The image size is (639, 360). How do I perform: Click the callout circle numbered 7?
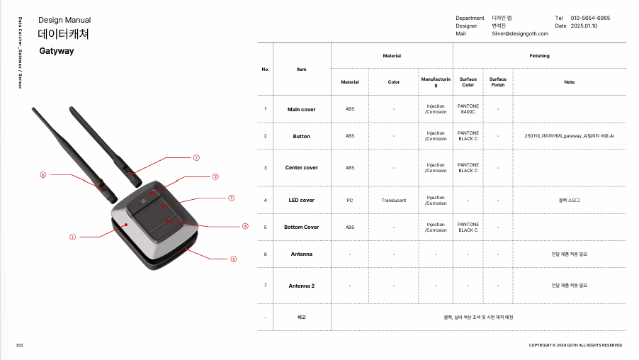point(196,158)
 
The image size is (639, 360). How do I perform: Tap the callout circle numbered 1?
point(72,237)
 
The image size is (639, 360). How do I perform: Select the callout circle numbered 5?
point(234,259)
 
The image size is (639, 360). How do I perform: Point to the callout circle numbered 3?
point(232,198)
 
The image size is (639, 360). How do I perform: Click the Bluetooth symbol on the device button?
point(143,201)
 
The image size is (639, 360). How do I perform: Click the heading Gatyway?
point(57,51)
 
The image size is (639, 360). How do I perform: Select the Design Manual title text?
point(64,20)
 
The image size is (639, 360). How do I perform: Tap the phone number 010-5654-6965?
point(590,18)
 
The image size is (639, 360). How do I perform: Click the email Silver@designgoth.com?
point(520,33)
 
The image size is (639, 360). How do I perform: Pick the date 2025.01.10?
point(584,26)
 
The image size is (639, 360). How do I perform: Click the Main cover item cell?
point(302,109)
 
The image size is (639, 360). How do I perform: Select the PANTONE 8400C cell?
point(468,109)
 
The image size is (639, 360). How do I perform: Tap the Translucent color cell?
point(394,200)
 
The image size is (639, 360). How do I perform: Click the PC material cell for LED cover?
point(350,200)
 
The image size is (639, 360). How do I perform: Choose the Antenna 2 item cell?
point(302,286)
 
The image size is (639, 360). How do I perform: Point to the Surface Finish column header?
point(497,82)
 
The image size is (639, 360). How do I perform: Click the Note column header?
point(570,82)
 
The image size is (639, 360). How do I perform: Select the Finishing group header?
point(539,56)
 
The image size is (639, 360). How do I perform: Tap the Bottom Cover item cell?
point(302,227)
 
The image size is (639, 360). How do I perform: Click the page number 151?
point(20,345)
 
